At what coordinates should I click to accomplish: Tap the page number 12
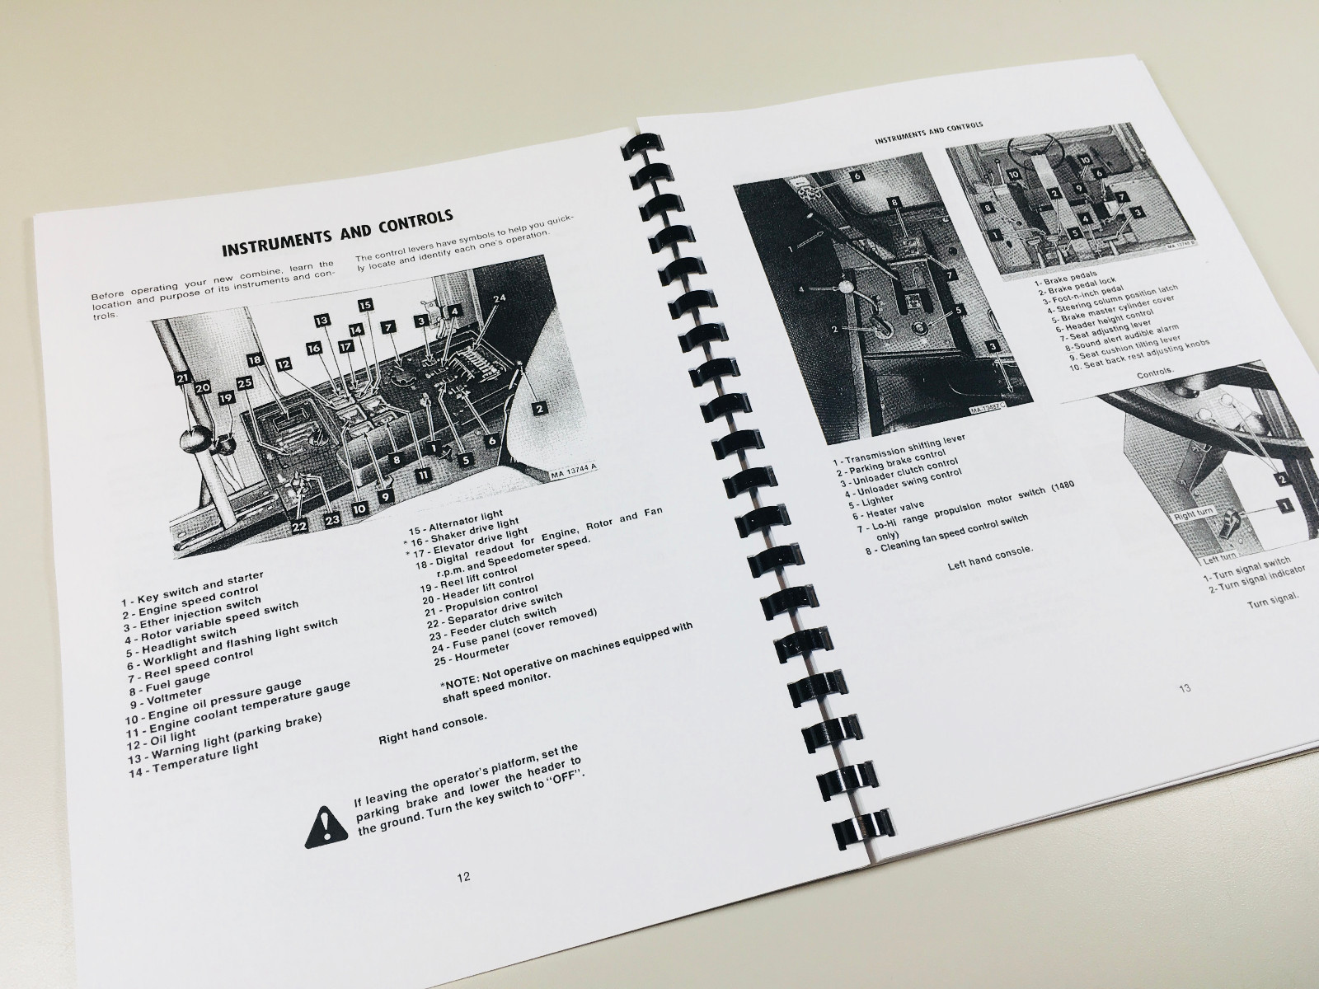(463, 877)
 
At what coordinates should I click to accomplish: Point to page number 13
(1184, 688)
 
